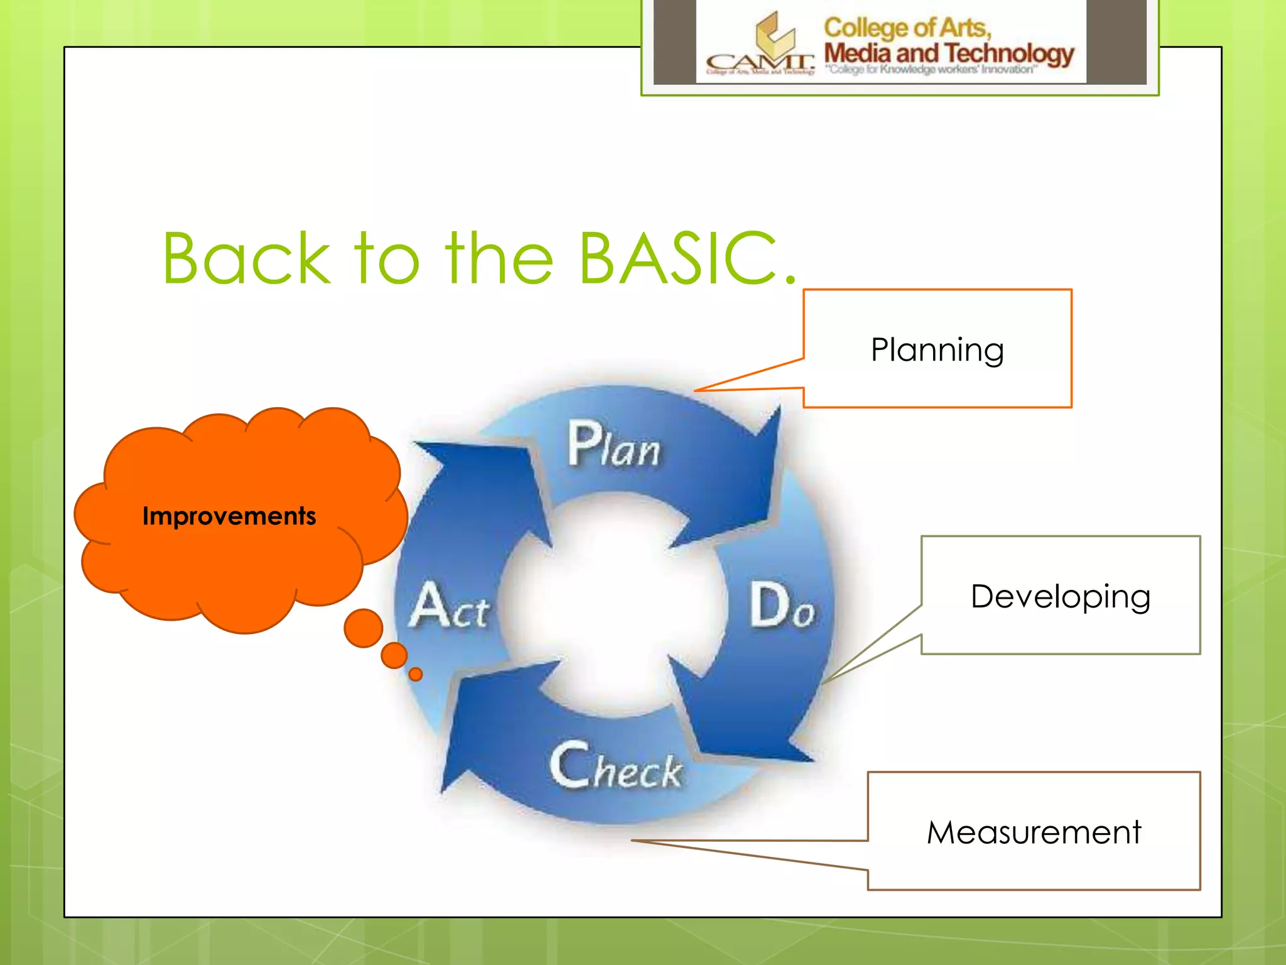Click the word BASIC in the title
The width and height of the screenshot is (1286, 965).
678,258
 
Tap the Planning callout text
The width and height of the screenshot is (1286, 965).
937,350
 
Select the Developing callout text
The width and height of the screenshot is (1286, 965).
1060,596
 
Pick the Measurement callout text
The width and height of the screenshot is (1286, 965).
1034,832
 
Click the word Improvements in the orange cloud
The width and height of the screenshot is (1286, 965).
229,516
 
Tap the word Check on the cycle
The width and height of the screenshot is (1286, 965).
615,766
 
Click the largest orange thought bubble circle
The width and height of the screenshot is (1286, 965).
363,628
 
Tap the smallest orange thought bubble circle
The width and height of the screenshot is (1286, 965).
415,674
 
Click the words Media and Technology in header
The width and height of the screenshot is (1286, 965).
948,54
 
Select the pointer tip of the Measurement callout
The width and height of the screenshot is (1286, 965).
633,840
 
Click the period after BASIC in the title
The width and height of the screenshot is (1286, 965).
790,280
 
